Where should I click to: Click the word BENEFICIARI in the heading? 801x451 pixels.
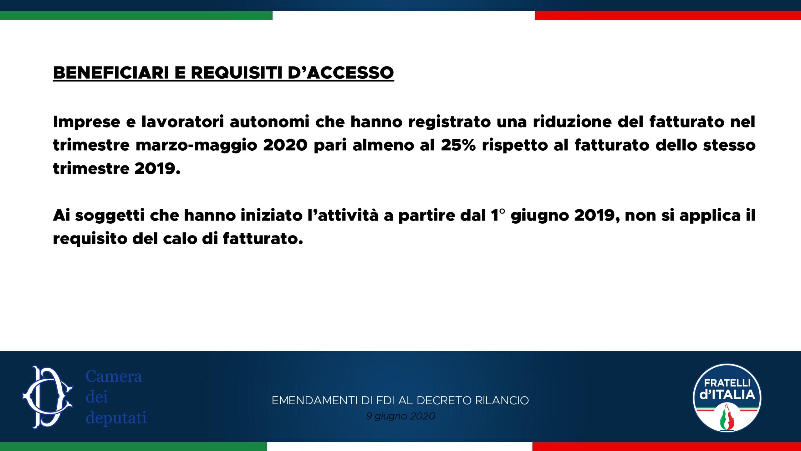pyautogui.click(x=111, y=73)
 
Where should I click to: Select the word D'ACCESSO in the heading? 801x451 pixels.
pyautogui.click(x=340, y=73)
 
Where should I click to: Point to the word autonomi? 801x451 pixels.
pyautogui.click(x=269, y=122)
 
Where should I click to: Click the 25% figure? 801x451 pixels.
pyautogui.click(x=458, y=145)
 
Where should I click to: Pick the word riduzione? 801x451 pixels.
pyautogui.click(x=572, y=122)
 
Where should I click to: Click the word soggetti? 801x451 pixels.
pyautogui.click(x=110, y=216)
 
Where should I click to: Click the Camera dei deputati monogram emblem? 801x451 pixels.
pyautogui.click(x=48, y=397)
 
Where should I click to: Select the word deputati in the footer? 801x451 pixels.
pyautogui.click(x=116, y=418)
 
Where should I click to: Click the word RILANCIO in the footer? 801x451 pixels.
pyautogui.click(x=502, y=401)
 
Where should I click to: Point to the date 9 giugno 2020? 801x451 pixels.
pyautogui.click(x=400, y=416)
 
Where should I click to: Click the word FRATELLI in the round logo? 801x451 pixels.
pyautogui.click(x=727, y=383)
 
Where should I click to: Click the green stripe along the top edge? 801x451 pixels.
pyautogui.click(x=136, y=16)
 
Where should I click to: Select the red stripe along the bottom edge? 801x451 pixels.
pyautogui.click(x=666, y=447)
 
